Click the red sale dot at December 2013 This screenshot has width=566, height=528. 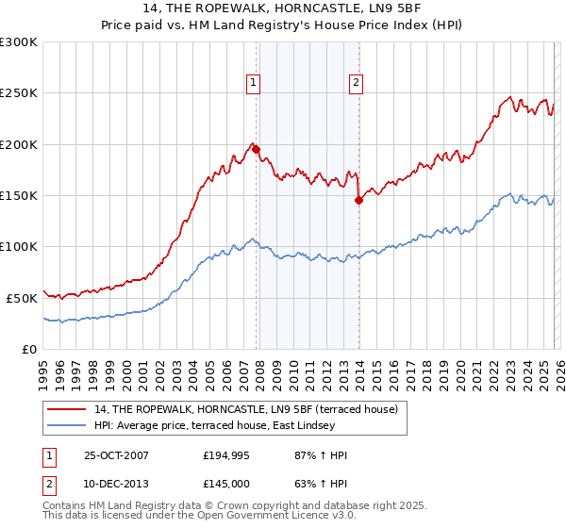click(x=358, y=200)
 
